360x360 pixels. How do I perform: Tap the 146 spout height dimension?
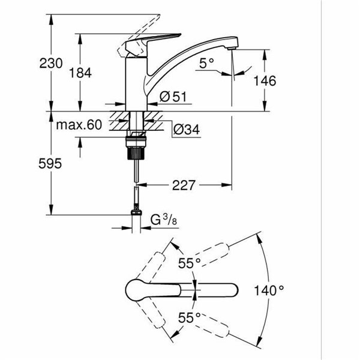click(265, 81)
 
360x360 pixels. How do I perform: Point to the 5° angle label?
click(207, 62)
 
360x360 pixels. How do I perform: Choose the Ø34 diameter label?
click(185, 128)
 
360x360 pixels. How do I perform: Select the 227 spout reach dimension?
click(183, 185)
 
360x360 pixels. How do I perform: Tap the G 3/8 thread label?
click(163, 220)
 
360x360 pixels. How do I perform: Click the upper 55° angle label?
click(190, 262)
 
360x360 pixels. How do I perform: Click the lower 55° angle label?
click(189, 318)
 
